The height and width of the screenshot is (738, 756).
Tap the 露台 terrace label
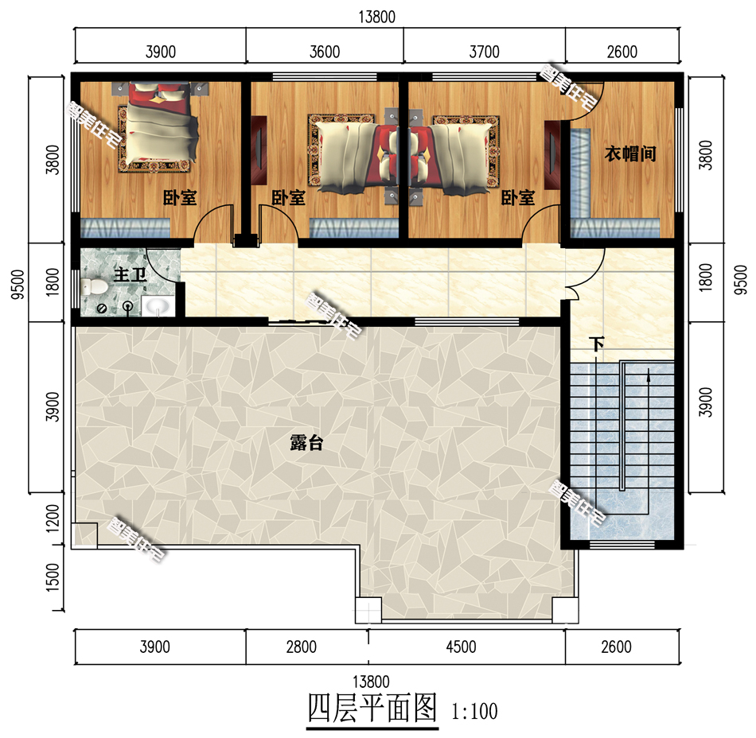click(306, 444)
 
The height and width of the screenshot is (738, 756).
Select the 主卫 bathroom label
click(129, 276)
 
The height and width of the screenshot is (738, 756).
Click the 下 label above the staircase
click(597, 345)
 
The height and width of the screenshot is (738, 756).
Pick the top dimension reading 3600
click(324, 52)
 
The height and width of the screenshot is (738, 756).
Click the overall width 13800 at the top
click(377, 16)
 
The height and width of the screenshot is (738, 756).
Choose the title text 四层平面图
click(372, 707)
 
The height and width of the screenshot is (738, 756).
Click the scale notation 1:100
click(474, 710)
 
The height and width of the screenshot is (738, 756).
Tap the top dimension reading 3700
click(484, 52)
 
